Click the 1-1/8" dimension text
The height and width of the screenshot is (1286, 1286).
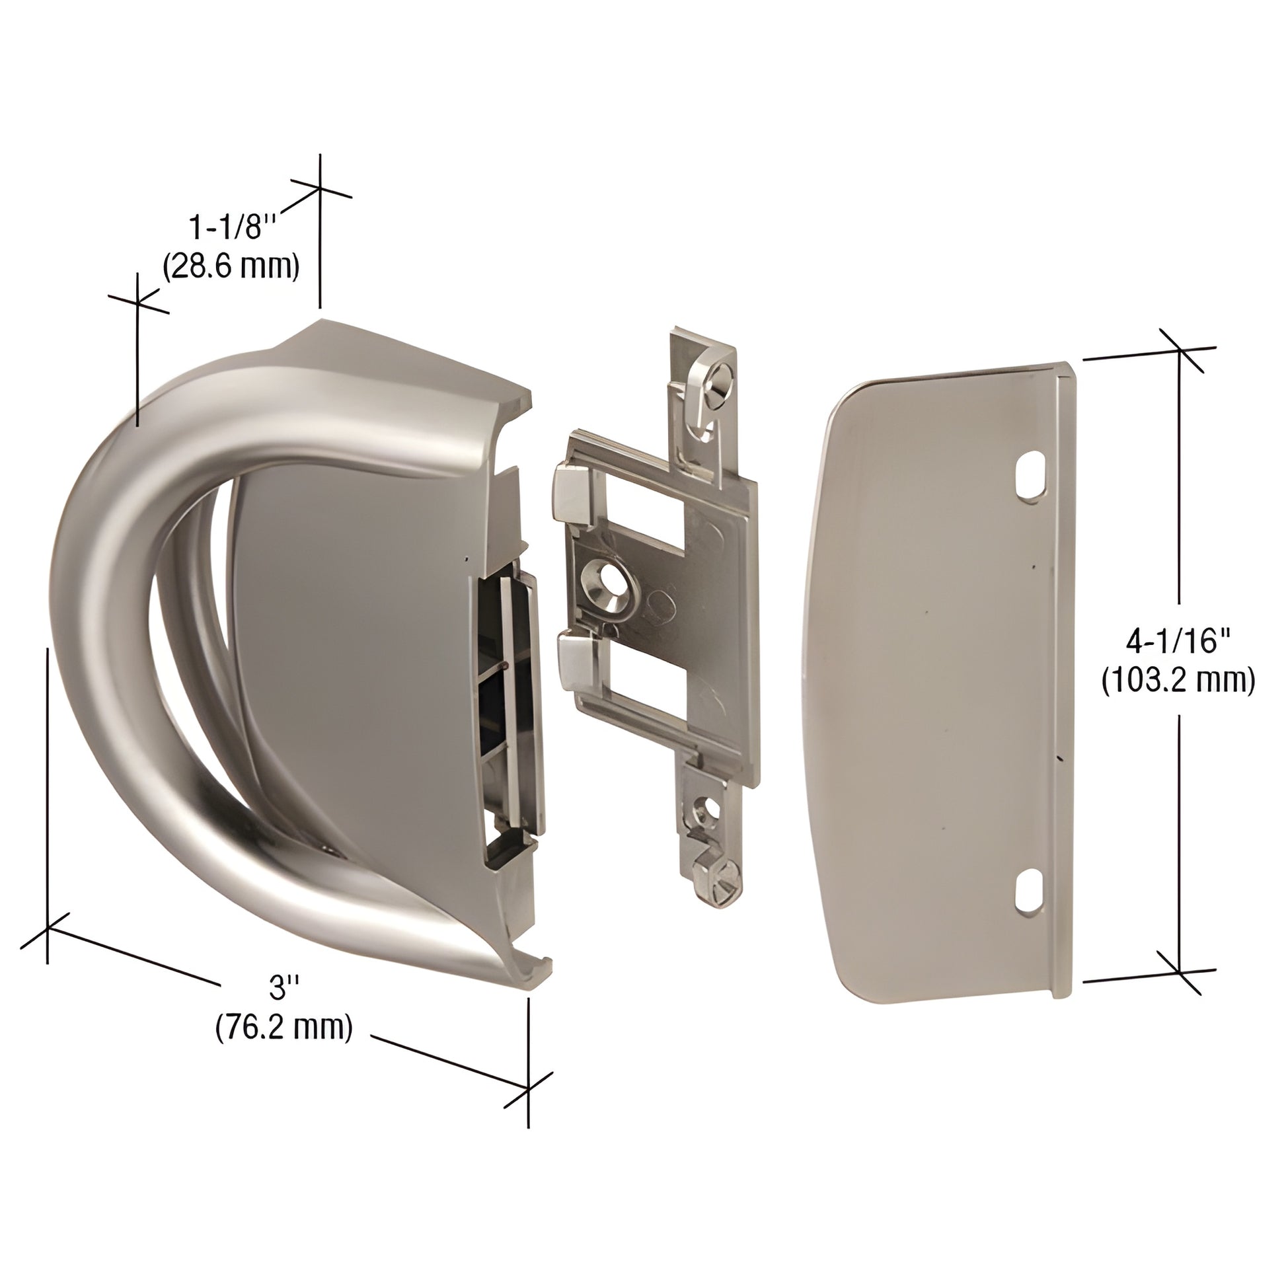click(x=232, y=228)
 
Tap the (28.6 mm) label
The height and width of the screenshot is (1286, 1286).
click(x=231, y=266)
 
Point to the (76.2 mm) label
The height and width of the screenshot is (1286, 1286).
click(x=284, y=1027)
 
